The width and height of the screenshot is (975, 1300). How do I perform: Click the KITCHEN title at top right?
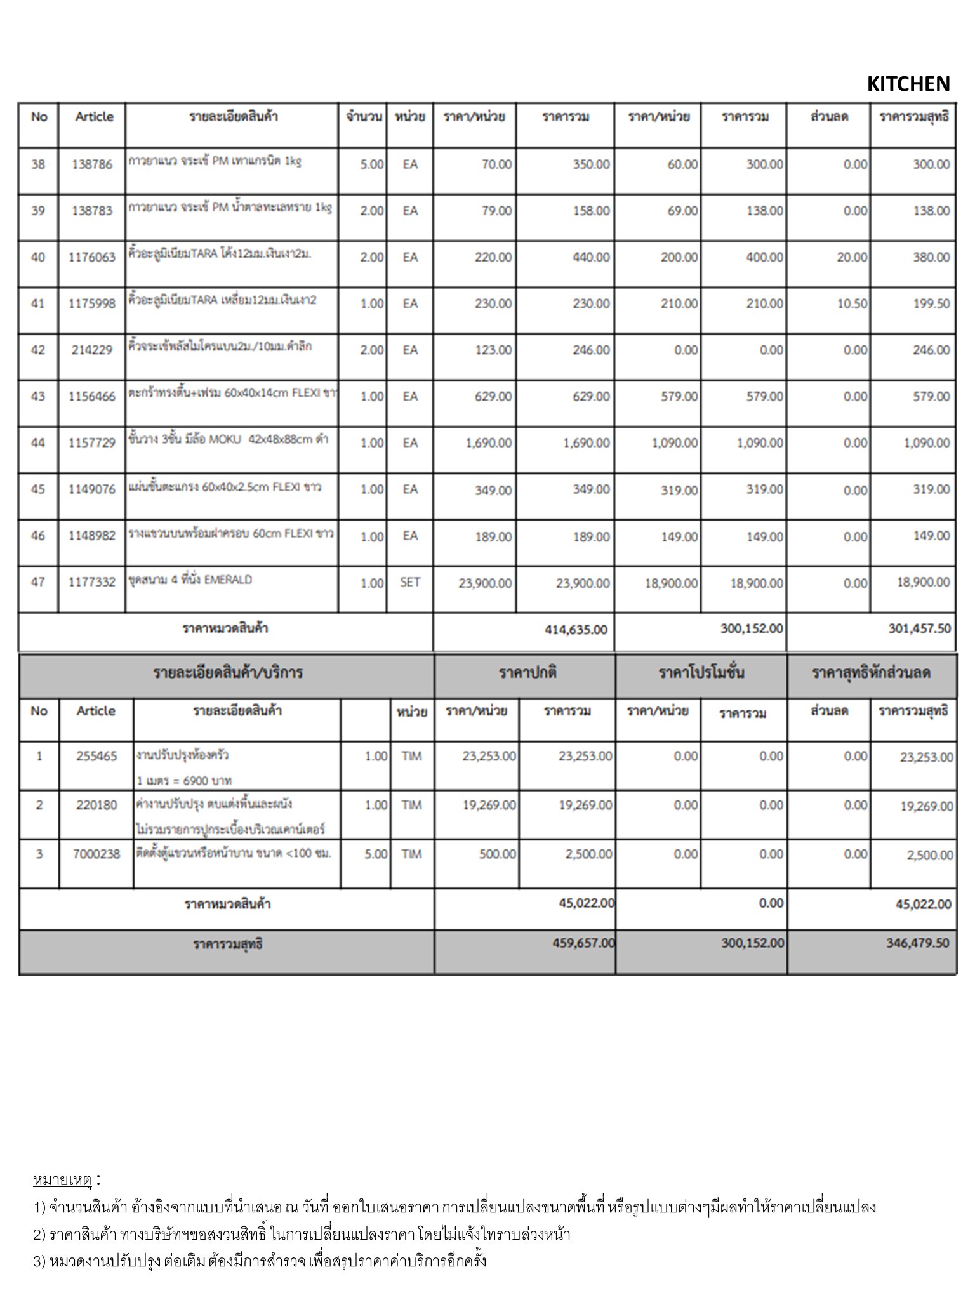click(x=908, y=84)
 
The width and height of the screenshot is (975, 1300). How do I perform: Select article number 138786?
click(x=92, y=164)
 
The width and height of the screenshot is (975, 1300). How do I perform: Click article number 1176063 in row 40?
click(x=92, y=257)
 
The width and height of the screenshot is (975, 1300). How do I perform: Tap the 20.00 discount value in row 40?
click(x=852, y=257)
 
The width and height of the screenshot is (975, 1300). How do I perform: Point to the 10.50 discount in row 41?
click(x=852, y=303)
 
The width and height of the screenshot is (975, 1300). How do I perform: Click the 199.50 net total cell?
click(x=931, y=303)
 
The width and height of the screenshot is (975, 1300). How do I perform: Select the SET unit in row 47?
click(x=410, y=582)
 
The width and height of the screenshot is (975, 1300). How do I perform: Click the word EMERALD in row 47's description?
click(x=228, y=580)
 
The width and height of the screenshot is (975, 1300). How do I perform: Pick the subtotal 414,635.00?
click(x=576, y=630)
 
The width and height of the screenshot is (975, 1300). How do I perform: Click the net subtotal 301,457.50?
click(x=920, y=628)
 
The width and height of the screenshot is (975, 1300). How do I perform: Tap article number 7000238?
click(x=96, y=854)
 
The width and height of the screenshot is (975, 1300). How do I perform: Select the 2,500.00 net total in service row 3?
click(x=930, y=855)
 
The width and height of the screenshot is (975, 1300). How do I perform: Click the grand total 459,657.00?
click(x=583, y=943)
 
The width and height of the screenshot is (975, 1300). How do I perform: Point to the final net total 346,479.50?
click(x=918, y=943)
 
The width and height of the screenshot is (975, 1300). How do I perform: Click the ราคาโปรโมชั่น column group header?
click(x=701, y=673)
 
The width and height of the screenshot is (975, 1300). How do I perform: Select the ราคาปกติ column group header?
click(x=527, y=673)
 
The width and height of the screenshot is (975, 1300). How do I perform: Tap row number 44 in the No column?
click(x=38, y=442)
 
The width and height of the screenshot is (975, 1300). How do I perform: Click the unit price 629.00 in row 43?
click(x=493, y=397)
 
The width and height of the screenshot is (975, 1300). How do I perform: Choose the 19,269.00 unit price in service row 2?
click(x=489, y=805)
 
